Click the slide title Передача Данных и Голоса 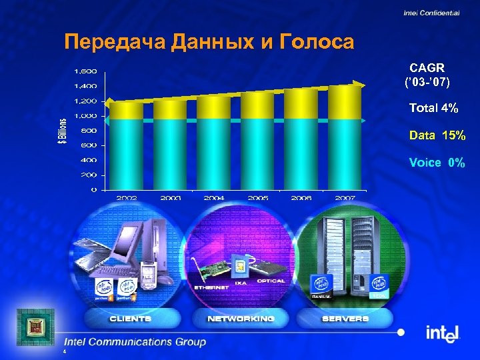(x=209, y=43)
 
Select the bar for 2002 (x=127, y=147)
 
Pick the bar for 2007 (x=344, y=140)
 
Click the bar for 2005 (x=257, y=143)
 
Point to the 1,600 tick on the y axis (x=86, y=71)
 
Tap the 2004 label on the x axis (x=214, y=198)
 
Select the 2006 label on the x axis (x=301, y=198)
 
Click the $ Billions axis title (x=62, y=131)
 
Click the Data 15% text (x=437, y=135)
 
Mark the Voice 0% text (x=437, y=163)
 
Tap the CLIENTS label (x=131, y=319)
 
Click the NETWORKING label (x=241, y=319)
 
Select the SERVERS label (x=345, y=319)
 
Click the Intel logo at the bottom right (x=443, y=333)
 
